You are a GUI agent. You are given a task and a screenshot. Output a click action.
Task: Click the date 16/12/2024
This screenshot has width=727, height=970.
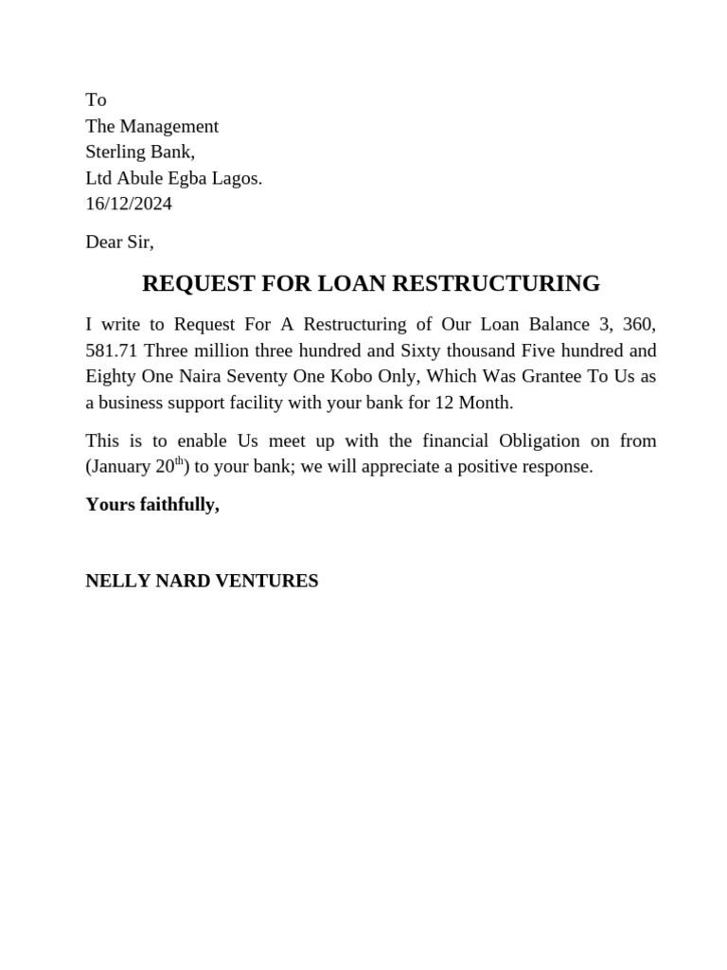coord(129,204)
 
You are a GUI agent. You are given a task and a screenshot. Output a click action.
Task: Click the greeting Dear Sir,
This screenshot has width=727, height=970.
coord(119,242)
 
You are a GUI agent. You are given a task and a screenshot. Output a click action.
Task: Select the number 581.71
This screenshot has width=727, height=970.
coord(112,350)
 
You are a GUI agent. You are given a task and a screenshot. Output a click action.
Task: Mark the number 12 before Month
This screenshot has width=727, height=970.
coord(444,403)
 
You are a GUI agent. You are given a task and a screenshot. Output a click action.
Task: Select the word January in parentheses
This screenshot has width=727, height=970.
coord(121,467)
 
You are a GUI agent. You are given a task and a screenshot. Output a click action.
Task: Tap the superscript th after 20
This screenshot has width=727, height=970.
coord(179,461)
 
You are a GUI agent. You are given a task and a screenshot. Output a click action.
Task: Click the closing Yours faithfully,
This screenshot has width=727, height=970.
coord(152,505)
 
